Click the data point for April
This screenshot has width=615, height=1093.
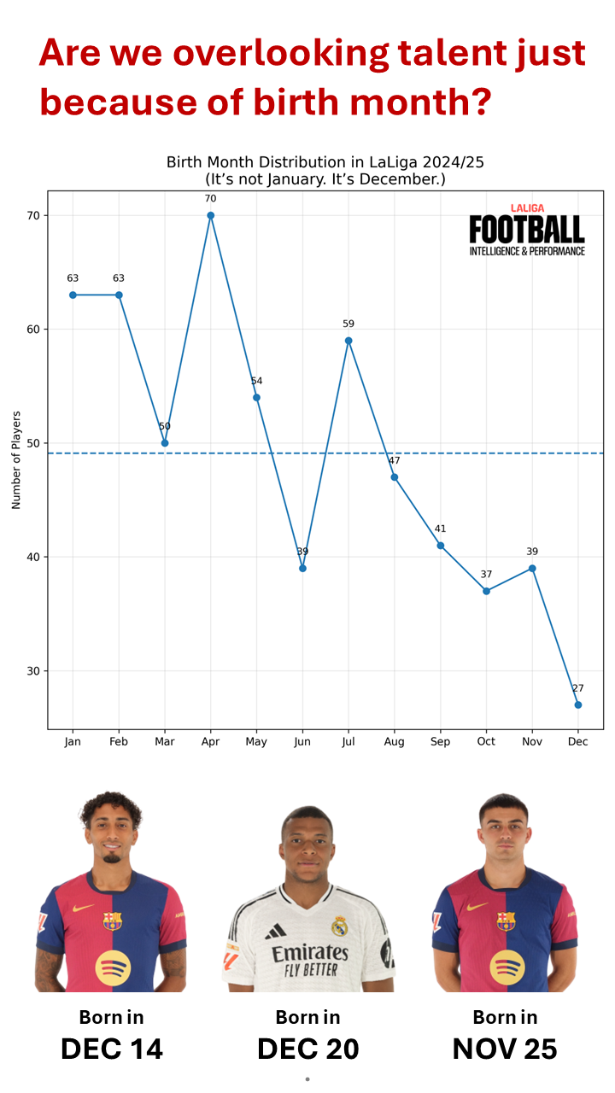pyautogui.click(x=210, y=215)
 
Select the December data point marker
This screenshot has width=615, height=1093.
pyautogui.click(x=578, y=704)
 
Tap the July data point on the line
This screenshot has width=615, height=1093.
pyautogui.click(x=348, y=341)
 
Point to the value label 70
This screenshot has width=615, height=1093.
pyautogui.click(x=210, y=199)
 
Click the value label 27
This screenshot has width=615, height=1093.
pyautogui.click(x=578, y=688)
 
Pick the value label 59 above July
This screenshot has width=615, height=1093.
pyautogui.click(x=348, y=324)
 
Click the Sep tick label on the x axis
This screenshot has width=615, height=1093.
pyautogui.click(x=440, y=742)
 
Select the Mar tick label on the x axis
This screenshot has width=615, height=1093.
pyautogui.click(x=165, y=742)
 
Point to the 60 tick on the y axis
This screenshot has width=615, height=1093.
pyautogui.click(x=34, y=330)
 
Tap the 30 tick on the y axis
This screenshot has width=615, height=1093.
pyautogui.click(x=34, y=671)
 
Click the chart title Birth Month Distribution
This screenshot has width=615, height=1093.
pyautogui.click(x=325, y=162)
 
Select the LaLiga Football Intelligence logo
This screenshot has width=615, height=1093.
pyautogui.click(x=527, y=230)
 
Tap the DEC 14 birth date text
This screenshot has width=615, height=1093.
pyautogui.click(x=112, y=1048)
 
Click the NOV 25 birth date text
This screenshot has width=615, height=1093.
pyautogui.click(x=505, y=1048)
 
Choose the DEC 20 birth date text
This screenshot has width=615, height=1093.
pyautogui.click(x=307, y=1048)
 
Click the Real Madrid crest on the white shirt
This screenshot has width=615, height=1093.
pyautogui.click(x=339, y=926)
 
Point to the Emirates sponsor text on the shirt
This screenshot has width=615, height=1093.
pyautogui.click(x=309, y=952)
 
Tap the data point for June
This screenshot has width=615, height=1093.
pyautogui.click(x=302, y=568)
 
